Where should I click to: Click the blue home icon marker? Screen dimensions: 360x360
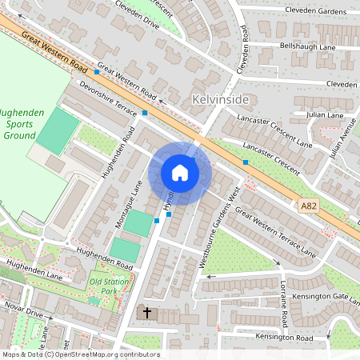180,173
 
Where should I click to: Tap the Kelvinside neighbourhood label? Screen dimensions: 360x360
222,100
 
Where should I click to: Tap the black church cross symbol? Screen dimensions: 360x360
146,312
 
